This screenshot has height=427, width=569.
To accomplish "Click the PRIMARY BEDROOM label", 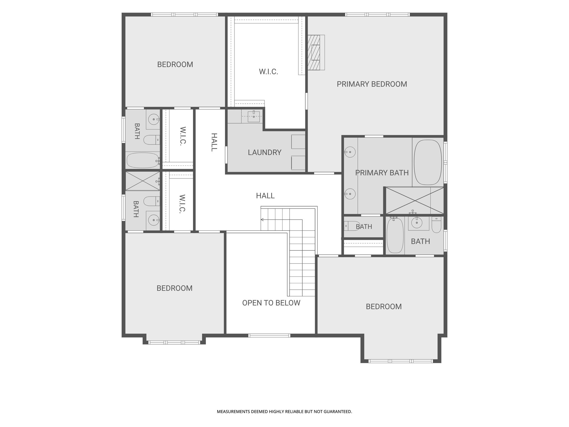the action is pyautogui.click(x=372, y=84).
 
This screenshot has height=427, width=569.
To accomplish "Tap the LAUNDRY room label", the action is pyautogui.click(x=264, y=152).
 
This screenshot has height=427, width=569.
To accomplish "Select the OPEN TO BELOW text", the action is pyautogui.click(x=271, y=303).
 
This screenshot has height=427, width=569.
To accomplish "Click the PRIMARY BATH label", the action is pyautogui.click(x=382, y=173).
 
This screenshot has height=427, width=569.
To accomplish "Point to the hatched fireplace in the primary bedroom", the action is pyautogui.click(x=316, y=52).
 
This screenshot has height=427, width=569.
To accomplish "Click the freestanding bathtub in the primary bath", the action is pyautogui.click(x=428, y=162).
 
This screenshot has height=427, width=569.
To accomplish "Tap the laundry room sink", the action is pyautogui.click(x=254, y=117).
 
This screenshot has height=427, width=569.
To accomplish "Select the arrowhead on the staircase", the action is pyautogui.click(x=262, y=220).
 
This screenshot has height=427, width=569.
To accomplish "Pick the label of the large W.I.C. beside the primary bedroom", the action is pyautogui.click(x=268, y=72).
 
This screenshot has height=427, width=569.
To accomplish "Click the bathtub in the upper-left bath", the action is pyautogui.click(x=143, y=160).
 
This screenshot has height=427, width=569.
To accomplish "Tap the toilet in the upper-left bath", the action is pyautogui.click(x=152, y=140).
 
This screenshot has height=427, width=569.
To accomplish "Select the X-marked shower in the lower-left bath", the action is pyautogui.click(x=143, y=181).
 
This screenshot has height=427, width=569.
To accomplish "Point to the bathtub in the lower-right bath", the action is pyautogui.click(x=395, y=235).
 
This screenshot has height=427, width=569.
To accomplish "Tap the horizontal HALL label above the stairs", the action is pyautogui.click(x=265, y=196).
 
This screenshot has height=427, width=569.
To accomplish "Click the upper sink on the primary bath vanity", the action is pyautogui.click(x=350, y=152).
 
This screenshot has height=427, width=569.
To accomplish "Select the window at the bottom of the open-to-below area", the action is pyautogui.click(x=269, y=336).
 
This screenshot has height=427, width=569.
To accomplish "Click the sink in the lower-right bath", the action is pyautogui.click(x=417, y=222).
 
